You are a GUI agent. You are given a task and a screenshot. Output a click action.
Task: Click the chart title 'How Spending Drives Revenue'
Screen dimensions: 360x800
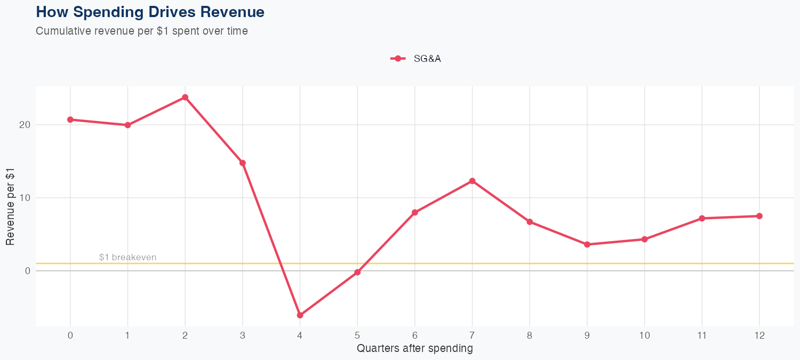click(150, 12)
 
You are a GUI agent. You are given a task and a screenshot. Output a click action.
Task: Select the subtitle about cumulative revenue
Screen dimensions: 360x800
click(142, 31)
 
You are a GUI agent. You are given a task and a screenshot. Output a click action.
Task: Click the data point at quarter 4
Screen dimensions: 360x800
click(300, 315)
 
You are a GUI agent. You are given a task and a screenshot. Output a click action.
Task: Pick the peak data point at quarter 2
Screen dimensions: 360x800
click(185, 98)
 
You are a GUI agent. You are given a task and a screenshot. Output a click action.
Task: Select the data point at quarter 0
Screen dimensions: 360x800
click(70, 119)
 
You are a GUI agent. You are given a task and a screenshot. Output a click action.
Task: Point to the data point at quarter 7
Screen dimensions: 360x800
click(472, 181)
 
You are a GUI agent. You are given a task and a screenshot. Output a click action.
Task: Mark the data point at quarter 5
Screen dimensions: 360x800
click(357, 273)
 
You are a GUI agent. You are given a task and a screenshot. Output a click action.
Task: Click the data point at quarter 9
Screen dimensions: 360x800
click(587, 245)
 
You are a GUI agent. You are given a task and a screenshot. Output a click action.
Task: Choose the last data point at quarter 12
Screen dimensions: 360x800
click(759, 216)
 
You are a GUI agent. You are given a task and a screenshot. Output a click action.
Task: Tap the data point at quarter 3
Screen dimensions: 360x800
click(243, 163)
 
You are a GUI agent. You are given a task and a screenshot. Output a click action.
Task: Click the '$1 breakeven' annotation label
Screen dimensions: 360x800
click(128, 258)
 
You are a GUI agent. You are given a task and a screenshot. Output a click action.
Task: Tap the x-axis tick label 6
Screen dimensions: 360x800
click(415, 335)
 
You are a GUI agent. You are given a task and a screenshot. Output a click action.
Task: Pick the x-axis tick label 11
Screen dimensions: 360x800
click(702, 335)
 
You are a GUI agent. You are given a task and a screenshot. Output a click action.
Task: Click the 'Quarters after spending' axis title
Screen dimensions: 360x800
click(415, 349)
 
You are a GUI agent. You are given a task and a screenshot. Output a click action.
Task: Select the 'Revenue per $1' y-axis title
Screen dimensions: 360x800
click(10, 206)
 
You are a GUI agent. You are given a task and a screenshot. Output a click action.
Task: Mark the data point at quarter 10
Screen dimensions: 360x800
click(644, 239)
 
